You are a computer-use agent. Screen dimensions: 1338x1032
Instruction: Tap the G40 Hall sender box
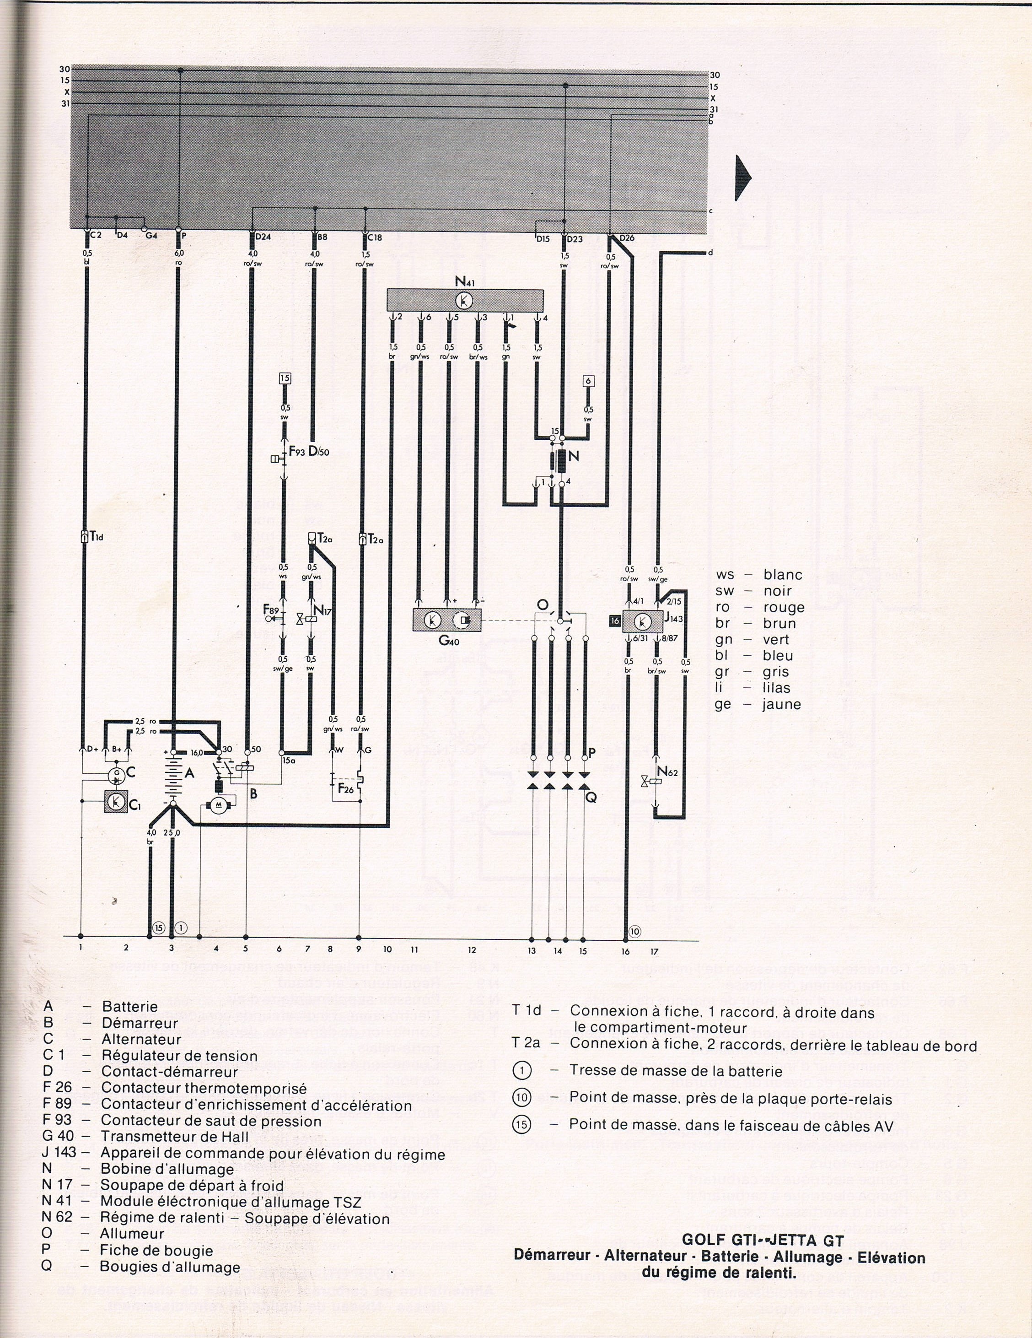(449, 620)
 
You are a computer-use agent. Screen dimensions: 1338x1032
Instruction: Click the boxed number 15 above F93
(285, 378)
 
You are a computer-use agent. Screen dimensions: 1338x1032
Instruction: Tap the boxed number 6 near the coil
(588, 380)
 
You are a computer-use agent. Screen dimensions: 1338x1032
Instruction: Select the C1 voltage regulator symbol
(114, 801)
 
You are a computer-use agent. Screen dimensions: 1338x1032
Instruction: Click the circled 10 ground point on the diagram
(634, 949)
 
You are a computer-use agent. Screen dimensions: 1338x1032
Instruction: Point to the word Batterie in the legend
(130, 1007)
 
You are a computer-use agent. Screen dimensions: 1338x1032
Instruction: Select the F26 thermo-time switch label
(345, 788)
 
